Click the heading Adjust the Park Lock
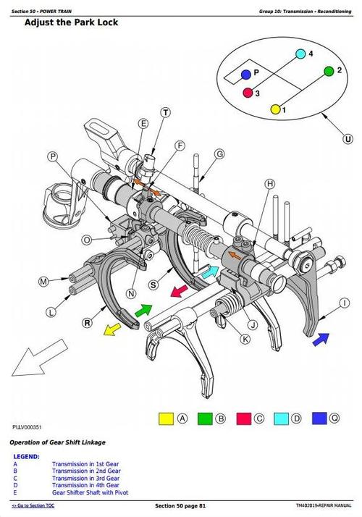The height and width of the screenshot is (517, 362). [x=71, y=22]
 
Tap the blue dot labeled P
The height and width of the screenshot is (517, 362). [x=246, y=74]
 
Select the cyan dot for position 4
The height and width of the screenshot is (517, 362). [x=300, y=54]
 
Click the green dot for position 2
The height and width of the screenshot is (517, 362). [x=329, y=71]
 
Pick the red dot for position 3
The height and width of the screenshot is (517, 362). [x=248, y=93]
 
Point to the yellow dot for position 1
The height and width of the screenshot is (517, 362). [x=275, y=109]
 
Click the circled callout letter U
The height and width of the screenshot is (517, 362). [x=348, y=138]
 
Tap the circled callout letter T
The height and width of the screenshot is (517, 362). [x=166, y=112]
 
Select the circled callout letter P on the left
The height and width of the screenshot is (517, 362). [x=53, y=156]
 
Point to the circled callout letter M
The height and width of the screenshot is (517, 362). [x=43, y=281]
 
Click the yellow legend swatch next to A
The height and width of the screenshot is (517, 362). [x=167, y=418]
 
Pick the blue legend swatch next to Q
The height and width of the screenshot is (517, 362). [x=319, y=418]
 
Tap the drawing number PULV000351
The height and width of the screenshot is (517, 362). [x=27, y=426]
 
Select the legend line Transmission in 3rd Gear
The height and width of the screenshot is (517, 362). [x=86, y=479]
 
